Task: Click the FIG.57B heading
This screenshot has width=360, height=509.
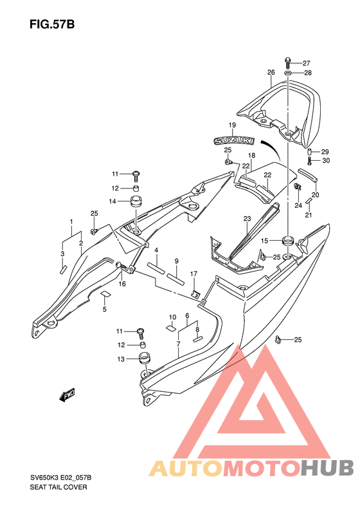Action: [x=52, y=24]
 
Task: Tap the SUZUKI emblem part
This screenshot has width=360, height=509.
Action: [x=234, y=140]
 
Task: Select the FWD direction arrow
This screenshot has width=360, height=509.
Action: [x=67, y=394]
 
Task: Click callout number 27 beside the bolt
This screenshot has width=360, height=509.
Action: [x=306, y=63]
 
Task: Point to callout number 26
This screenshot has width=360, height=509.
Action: [x=271, y=72]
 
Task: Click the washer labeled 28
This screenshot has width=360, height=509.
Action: [x=288, y=73]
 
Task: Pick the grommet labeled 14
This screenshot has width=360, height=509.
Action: [x=136, y=201]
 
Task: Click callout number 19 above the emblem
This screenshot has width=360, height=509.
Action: [x=232, y=125]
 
